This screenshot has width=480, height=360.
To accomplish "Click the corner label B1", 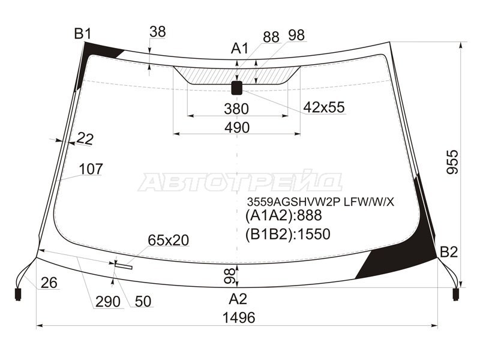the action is click(83, 34).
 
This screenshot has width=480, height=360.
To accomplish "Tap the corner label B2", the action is click(448, 252).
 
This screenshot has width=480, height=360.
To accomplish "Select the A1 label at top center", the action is click(239, 49).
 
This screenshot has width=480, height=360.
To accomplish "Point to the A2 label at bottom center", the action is click(238, 299).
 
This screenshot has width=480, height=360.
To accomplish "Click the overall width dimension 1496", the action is click(239, 318).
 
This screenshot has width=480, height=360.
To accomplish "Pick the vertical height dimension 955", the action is click(452, 162).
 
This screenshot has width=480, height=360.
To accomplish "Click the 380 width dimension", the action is click(236, 109).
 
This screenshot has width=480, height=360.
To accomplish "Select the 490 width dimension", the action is click(237, 127).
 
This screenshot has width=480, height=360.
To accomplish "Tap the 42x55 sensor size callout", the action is click(324, 107).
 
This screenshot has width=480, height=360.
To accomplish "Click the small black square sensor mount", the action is click(236, 88).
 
